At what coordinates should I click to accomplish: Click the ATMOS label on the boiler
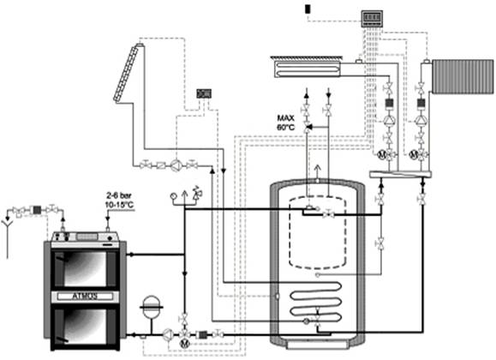[x=85, y=297]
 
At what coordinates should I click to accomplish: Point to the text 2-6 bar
[x=119, y=195]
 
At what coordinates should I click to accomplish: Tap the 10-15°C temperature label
[x=119, y=205]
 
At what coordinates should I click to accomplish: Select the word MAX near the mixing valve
[x=285, y=118]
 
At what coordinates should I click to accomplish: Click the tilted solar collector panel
[x=126, y=73]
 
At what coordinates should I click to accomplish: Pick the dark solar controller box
[x=204, y=93]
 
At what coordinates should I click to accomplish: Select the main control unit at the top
[x=372, y=18]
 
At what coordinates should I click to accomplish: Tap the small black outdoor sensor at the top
[x=308, y=9]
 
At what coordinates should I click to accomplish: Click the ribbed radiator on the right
[x=463, y=76]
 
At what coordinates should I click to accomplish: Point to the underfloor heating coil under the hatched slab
[x=307, y=69]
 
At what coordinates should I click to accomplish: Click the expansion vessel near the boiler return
[x=152, y=307]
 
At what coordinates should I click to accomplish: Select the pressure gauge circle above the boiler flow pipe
[x=174, y=196]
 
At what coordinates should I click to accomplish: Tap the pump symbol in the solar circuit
[x=176, y=165]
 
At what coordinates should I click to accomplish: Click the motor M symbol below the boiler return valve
[x=184, y=344]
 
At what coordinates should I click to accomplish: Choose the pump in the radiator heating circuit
[x=421, y=120]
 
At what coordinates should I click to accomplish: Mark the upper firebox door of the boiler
[x=85, y=269]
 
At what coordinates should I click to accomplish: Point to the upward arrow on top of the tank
[x=317, y=171]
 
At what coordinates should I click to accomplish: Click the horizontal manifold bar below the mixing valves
[x=400, y=174]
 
